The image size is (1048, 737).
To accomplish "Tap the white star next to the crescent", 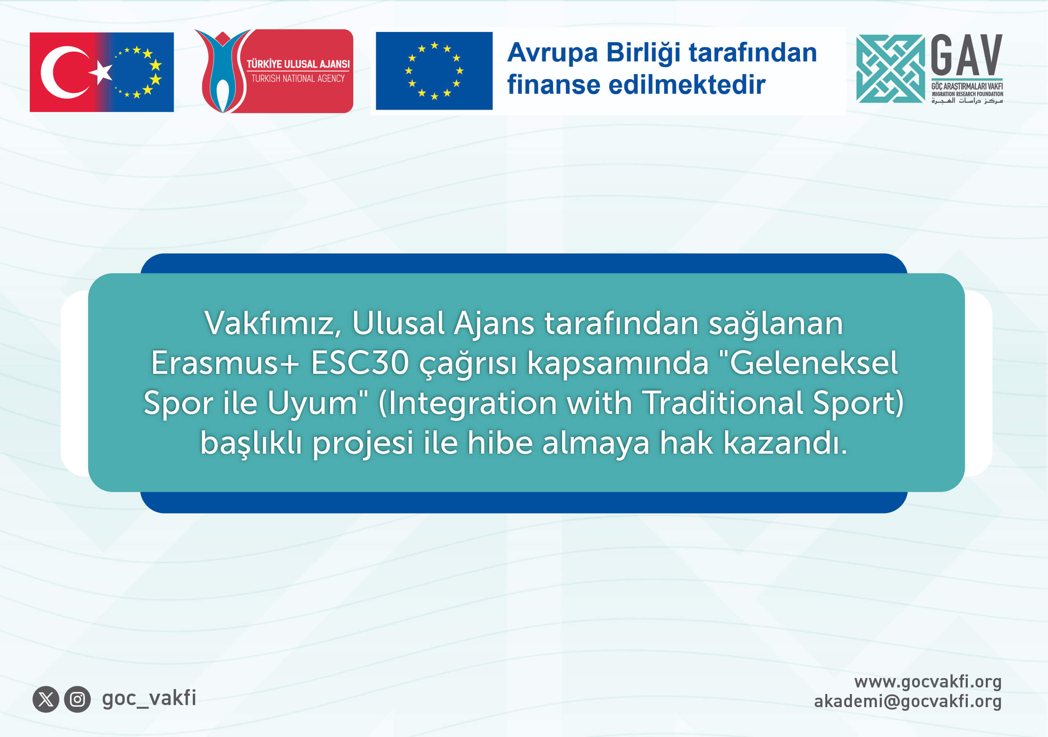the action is tap(102, 72).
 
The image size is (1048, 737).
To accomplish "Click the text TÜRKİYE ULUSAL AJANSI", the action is tap(298, 64).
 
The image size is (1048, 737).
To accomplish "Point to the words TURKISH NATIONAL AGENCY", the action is tap(298, 79).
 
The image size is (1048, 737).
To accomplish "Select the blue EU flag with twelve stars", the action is tap(434, 71).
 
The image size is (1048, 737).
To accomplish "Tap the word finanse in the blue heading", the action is tap(553, 85).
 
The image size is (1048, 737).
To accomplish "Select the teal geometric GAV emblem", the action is tap(890, 68).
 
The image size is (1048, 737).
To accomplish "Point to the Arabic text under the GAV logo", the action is tap(967, 100).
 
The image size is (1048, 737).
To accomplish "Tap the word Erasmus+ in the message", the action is tap(225, 363).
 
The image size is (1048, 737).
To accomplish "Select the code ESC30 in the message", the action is tap(360, 363).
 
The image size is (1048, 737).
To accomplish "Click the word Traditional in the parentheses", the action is tap(722, 403).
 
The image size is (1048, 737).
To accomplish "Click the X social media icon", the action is tap(45, 699).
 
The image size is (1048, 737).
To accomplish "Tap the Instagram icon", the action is tap(77, 699).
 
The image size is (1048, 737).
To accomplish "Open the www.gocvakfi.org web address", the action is tap(928, 682).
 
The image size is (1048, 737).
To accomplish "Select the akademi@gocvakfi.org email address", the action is tap(908, 701).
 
